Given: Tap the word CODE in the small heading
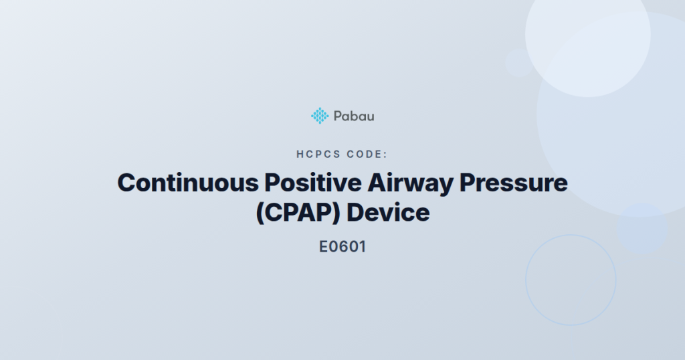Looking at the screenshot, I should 365,155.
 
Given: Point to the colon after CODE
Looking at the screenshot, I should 386,155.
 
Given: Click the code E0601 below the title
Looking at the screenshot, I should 342,246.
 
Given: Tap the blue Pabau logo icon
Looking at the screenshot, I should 320,116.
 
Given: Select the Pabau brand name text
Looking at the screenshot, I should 354,116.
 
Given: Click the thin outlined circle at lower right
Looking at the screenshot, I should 571,280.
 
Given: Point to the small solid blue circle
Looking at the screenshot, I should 642,228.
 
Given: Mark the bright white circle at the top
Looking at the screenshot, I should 587,37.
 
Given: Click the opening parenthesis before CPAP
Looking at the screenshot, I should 260,213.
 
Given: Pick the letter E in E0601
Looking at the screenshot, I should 324,246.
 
